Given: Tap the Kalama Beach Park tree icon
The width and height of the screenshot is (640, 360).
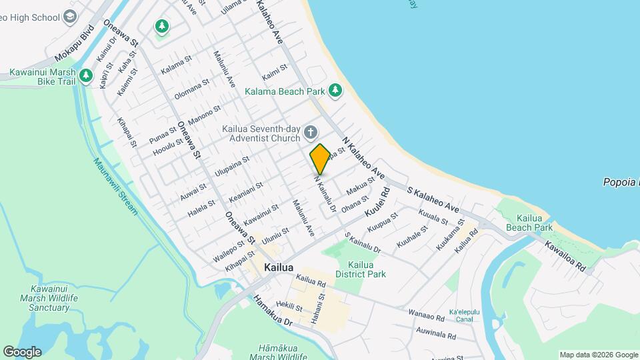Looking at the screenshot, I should coord(335,90).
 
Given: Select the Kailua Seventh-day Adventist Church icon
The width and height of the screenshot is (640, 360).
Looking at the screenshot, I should coord(310,133).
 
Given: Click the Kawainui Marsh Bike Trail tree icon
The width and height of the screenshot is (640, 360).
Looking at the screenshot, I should coord(85,76).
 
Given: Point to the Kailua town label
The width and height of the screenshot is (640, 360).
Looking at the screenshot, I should coord(279,267).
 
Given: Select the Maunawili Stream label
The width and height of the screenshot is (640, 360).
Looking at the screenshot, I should coord(115,187).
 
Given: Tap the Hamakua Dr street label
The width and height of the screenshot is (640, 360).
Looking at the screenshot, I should coord(269,311).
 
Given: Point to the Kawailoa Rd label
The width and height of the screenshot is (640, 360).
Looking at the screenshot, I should coord(564,256).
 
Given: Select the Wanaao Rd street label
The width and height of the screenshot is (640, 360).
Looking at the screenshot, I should coord(425,313).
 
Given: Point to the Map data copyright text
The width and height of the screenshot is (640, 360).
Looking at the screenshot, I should coord(598,355).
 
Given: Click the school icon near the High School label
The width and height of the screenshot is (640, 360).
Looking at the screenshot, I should coord(69,17).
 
